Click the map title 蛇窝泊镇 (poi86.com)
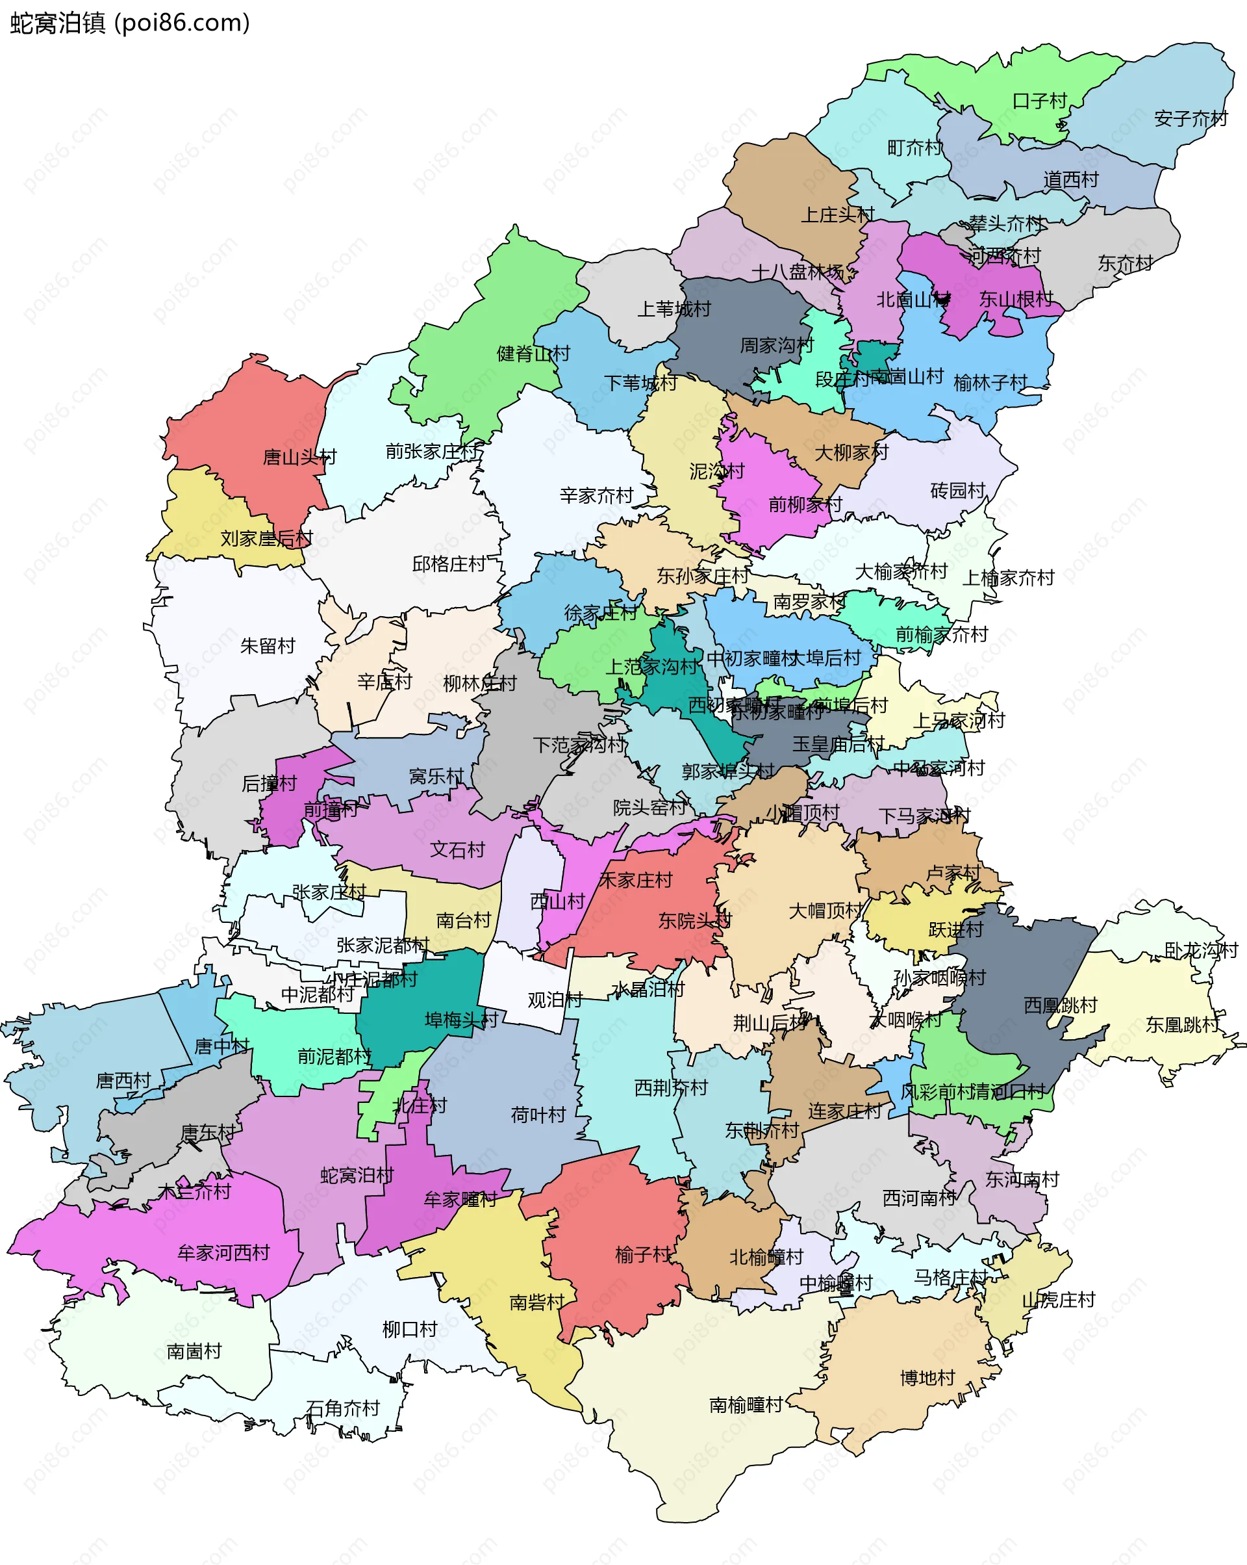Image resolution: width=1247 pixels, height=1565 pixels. tap(131, 23)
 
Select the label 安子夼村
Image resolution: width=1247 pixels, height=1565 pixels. tap(1190, 118)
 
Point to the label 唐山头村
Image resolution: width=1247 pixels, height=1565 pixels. tap(299, 458)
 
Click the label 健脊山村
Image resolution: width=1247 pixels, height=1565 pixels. tap(533, 354)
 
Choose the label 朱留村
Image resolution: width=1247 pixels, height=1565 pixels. tap(268, 645)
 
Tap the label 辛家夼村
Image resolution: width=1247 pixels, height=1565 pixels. tap(596, 496)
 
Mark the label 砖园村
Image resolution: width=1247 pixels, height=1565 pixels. tap(957, 491)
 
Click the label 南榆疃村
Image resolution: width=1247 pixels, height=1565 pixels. tap(746, 1404)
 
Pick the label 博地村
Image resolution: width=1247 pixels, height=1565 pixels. tap(927, 1378)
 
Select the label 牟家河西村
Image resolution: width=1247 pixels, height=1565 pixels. tap(223, 1252)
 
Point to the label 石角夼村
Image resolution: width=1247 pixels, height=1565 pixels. tap(343, 1408)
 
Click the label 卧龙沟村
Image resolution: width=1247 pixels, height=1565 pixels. tap(1201, 950)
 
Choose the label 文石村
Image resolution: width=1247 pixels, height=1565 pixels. tap(457, 849)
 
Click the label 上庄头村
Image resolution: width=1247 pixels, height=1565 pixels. tap(837, 215)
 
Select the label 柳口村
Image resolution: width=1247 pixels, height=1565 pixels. tap(410, 1329)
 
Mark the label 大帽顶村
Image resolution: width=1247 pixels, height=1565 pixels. tap(825, 911)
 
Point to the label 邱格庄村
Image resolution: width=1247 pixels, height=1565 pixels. tap(449, 564)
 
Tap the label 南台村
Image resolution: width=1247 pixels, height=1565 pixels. tap(464, 920)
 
